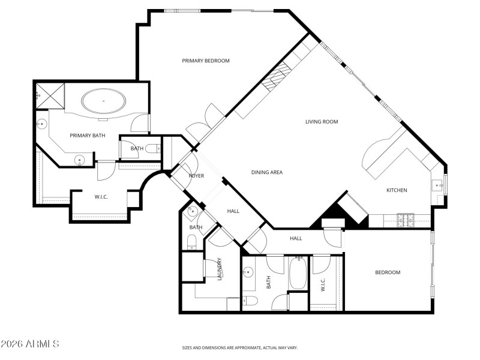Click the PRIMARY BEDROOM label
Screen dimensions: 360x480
point(206,61)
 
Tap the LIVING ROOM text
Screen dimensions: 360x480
point(322,122)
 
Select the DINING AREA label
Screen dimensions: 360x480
point(266,173)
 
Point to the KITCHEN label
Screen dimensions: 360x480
point(397,190)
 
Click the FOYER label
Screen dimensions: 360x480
point(196,176)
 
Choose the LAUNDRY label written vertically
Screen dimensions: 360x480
point(220,269)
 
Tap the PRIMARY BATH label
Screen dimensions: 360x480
point(87,136)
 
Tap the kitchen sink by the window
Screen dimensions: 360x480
point(436,184)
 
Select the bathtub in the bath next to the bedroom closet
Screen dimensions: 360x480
point(298,274)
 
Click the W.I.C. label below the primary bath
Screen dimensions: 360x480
point(101,197)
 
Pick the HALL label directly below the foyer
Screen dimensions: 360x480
point(233,211)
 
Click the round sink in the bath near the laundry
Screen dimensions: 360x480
point(193,212)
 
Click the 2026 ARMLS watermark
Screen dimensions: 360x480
point(30,344)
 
